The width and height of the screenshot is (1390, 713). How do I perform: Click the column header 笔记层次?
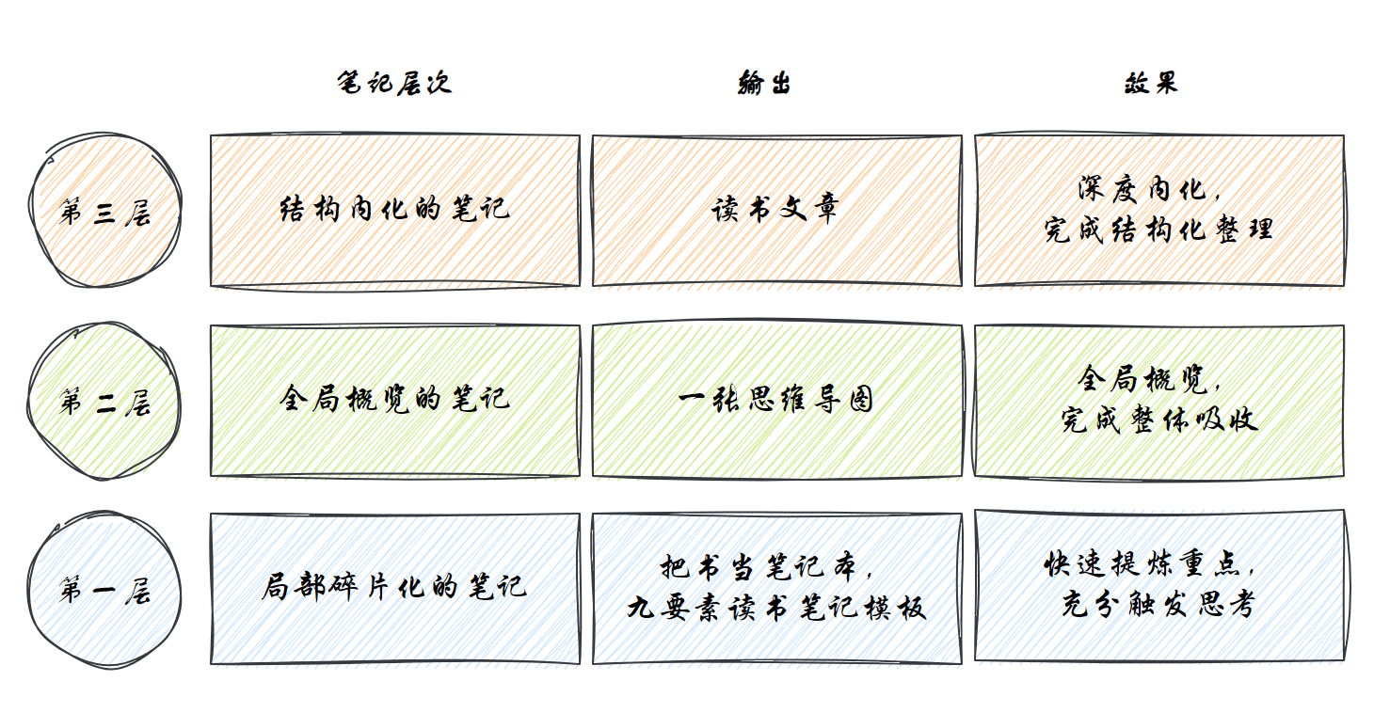point(394,83)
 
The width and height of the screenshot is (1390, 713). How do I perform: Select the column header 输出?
point(764,83)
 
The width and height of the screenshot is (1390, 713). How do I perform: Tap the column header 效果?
point(1150,83)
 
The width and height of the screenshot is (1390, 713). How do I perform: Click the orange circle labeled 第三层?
point(104,211)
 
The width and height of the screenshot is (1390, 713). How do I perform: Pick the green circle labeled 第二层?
point(104,403)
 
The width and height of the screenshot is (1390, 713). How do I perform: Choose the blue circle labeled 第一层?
point(104,591)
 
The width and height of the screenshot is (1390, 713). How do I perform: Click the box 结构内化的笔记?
point(394,209)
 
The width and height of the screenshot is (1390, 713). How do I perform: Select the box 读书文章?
point(775,209)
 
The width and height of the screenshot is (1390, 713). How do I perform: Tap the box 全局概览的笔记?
point(394,399)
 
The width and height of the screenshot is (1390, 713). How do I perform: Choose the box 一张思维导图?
point(775,400)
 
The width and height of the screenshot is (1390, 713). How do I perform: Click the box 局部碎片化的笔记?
point(394,588)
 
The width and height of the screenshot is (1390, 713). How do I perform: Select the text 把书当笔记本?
point(767,568)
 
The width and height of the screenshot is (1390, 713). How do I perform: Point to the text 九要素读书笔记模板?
point(776,608)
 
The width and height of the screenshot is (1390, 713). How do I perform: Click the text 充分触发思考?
point(1158,606)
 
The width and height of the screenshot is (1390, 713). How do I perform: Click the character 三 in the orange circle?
point(104,214)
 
